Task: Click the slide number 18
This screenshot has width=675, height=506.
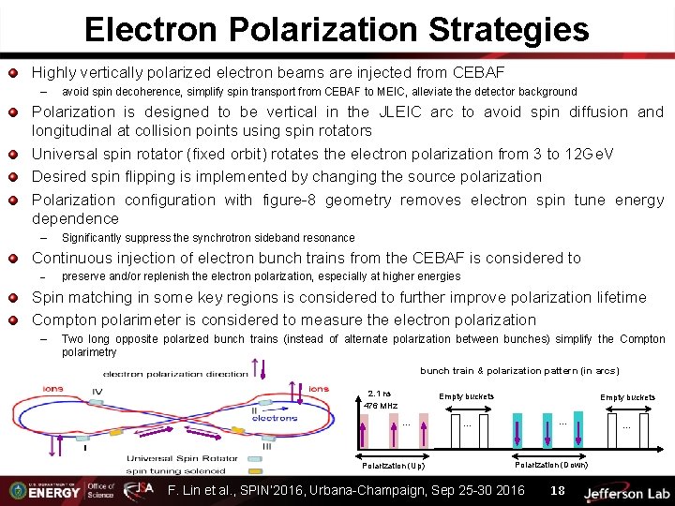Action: pyautogui.click(x=557, y=490)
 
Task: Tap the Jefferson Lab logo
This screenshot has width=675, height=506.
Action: pyautogui.click(x=625, y=492)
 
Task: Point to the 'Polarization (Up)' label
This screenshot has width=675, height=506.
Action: pyautogui.click(x=393, y=465)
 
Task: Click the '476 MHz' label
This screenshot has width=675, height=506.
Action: pyautogui.click(x=381, y=406)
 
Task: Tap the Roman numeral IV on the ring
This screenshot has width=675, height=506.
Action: pyautogui.click(x=97, y=391)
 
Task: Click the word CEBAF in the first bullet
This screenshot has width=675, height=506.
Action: pyautogui.click(x=477, y=72)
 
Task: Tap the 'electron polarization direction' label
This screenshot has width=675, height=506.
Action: pyautogui.click(x=175, y=374)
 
